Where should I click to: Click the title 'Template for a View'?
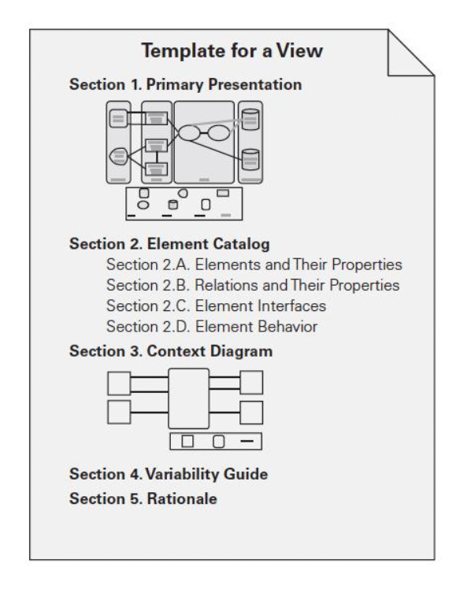tap(232, 50)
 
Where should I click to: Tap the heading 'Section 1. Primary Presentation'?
tap(185, 84)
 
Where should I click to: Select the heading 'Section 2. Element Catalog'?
tap(169, 244)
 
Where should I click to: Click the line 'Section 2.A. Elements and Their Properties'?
tap(254, 265)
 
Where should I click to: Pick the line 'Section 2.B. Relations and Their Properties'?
tap(253, 285)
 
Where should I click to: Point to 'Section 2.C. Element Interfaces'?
tap(216, 306)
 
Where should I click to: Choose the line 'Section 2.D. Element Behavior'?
tap(212, 327)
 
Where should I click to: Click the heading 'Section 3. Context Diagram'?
tap(171, 351)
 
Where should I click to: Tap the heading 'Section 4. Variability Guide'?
tap(169, 474)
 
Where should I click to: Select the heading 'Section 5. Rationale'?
tap(143, 499)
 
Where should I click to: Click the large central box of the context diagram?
tap(189, 398)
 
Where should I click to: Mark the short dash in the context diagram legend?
tap(247, 441)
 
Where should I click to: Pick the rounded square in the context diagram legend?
tap(219, 442)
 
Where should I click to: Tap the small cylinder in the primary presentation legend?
tap(172, 205)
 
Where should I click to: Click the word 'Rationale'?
tap(182, 499)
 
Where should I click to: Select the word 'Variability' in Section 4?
tap(182, 474)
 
